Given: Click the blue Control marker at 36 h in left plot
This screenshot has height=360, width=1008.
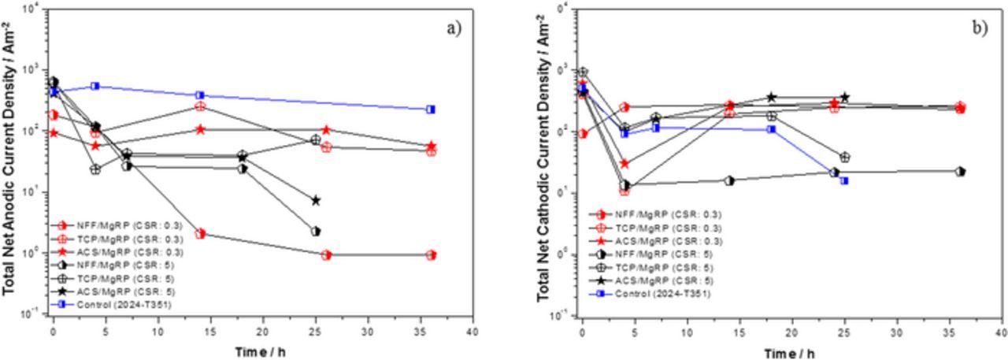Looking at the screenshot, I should [x=431, y=109].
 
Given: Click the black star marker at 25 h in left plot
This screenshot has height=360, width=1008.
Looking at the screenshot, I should [x=316, y=200].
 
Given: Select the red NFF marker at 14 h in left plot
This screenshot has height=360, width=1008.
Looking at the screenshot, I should [x=200, y=233].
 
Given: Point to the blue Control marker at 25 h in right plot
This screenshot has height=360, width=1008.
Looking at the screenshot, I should [x=844, y=180].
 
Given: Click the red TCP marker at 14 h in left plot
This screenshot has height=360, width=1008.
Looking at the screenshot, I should [x=200, y=106].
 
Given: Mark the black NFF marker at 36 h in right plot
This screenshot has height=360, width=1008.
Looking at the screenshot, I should [x=960, y=171].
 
